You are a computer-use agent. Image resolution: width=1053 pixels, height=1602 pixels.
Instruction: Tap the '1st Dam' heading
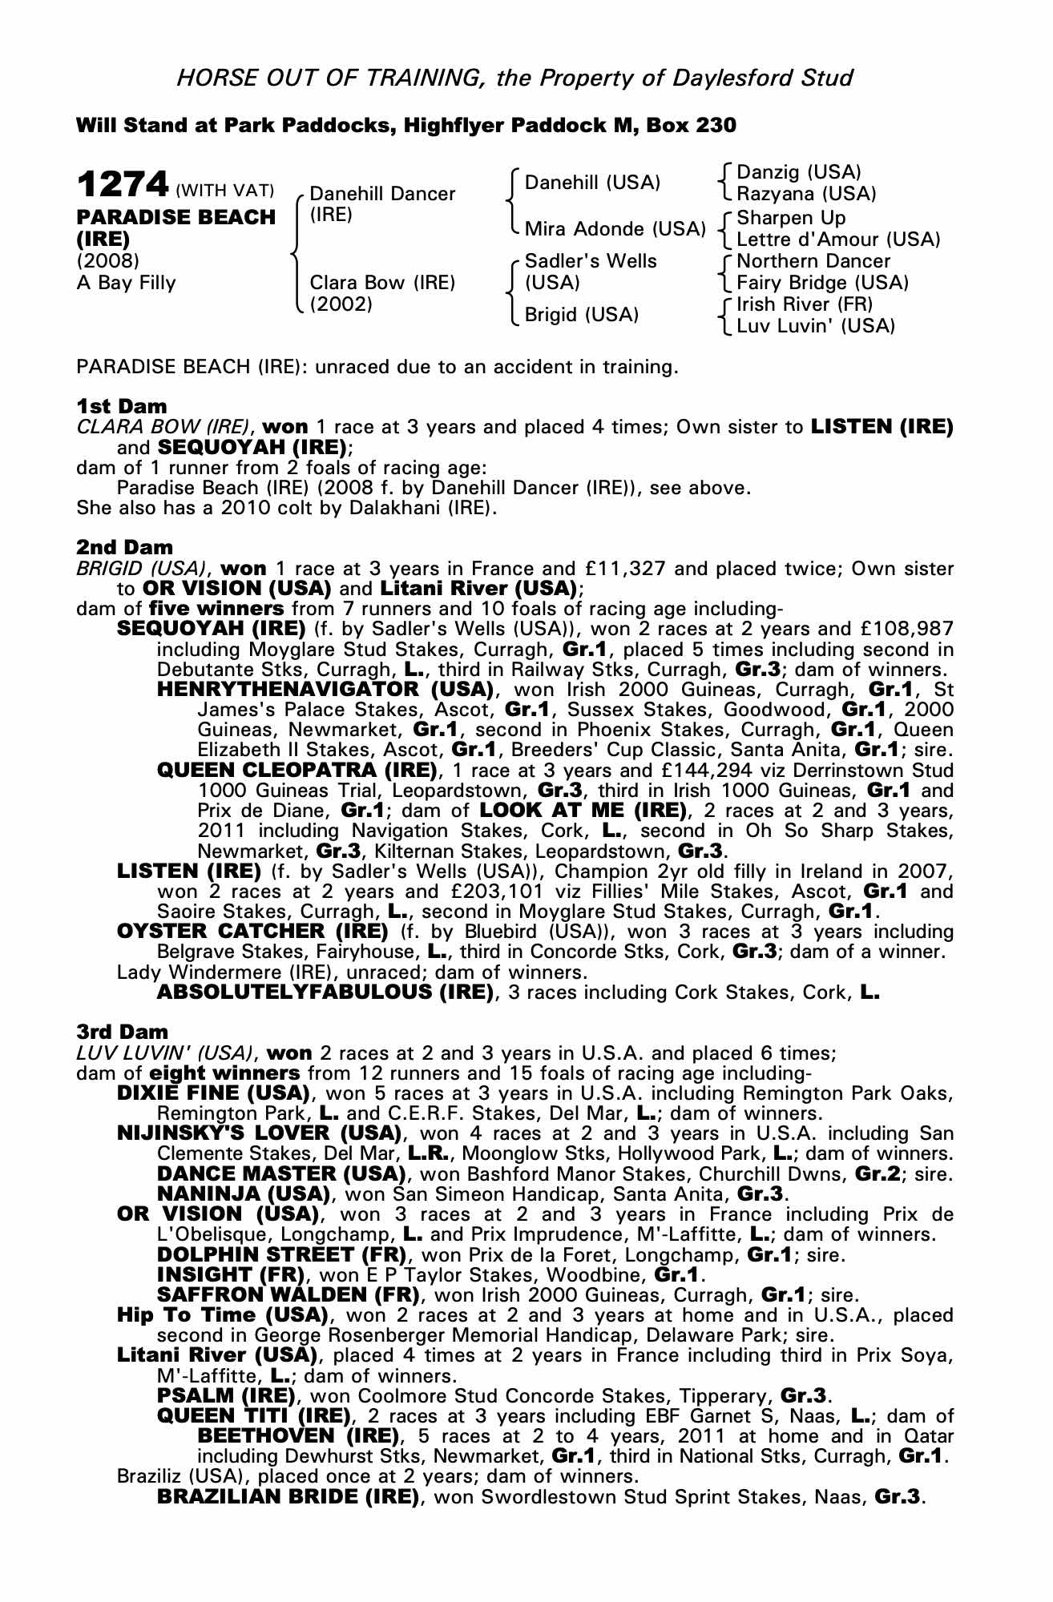click(x=122, y=405)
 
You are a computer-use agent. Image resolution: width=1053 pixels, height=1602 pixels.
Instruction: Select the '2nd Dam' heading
click(x=124, y=547)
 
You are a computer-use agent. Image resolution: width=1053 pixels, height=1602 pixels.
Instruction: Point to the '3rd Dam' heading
click(x=123, y=1032)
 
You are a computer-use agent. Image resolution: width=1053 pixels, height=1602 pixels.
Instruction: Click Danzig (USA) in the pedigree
click(x=798, y=172)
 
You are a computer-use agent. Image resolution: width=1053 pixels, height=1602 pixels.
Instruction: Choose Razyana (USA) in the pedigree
click(x=806, y=194)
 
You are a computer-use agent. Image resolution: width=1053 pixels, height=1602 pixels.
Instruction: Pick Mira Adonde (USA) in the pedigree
click(x=615, y=229)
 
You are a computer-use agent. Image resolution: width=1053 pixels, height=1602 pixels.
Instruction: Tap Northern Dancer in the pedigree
click(x=813, y=261)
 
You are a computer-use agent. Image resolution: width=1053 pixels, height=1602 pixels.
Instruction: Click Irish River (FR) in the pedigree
click(x=805, y=304)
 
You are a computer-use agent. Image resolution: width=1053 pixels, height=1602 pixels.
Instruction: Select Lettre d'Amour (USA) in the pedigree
click(x=838, y=239)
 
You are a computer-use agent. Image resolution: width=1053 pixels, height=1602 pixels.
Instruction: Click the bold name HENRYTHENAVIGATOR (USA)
click(x=325, y=690)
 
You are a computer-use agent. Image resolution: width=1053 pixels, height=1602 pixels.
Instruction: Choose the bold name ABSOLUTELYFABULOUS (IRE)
click(x=325, y=992)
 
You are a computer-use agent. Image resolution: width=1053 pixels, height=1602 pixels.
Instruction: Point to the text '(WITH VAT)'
click(x=225, y=191)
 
